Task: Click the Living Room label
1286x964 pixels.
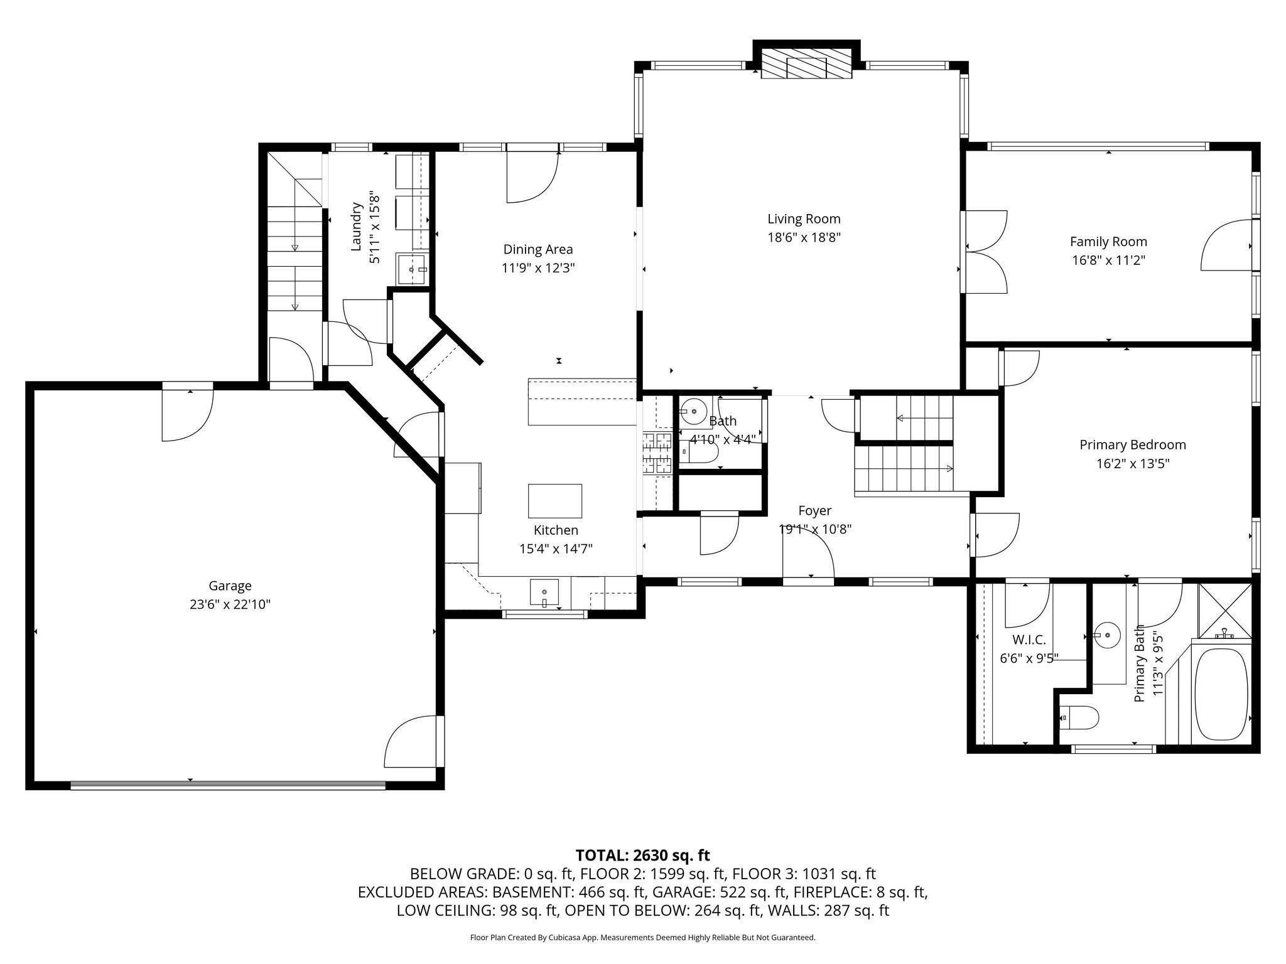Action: point(804,219)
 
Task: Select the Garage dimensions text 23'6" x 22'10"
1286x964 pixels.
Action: point(230,604)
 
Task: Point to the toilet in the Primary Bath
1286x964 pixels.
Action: point(1078,717)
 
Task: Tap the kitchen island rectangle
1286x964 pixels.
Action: point(554,501)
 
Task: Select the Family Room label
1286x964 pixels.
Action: point(1108,242)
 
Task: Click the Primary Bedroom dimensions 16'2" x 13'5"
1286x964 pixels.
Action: point(1132,464)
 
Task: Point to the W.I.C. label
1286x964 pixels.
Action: point(1029,640)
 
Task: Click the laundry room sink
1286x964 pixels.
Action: point(412,269)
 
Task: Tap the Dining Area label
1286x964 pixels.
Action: point(538,249)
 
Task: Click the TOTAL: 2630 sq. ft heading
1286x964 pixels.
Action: point(643,855)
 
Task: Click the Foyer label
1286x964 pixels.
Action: point(814,511)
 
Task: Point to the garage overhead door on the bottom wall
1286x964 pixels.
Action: point(228,785)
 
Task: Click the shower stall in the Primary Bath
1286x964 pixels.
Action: point(1224,610)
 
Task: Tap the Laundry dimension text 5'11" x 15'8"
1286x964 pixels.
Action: point(375,227)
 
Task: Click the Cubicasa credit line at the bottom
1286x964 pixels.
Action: point(643,938)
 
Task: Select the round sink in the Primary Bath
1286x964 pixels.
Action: point(1107,636)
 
